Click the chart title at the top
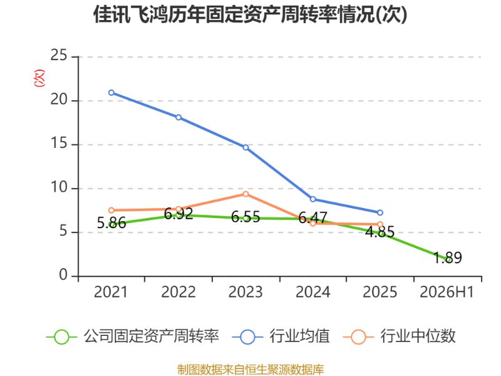tap(250, 14)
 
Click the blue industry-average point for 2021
tap(111, 93)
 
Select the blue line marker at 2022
tap(178, 117)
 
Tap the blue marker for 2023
tap(245, 147)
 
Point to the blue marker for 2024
tap(312, 199)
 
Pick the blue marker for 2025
tap(380, 212)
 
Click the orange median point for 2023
tap(245, 194)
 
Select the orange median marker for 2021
tap(111, 211)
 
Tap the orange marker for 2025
tap(380, 224)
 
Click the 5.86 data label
tap(111, 223)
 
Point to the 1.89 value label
tap(447, 258)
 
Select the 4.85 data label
tap(380, 232)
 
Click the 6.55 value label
tap(245, 217)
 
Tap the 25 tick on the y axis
tap(59, 55)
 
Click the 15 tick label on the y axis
tap(59, 143)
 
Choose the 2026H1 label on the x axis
tap(447, 292)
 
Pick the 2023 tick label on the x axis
tap(245, 292)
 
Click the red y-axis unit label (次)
tap(39, 78)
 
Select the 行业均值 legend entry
tap(281, 337)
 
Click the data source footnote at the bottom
tap(250, 369)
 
